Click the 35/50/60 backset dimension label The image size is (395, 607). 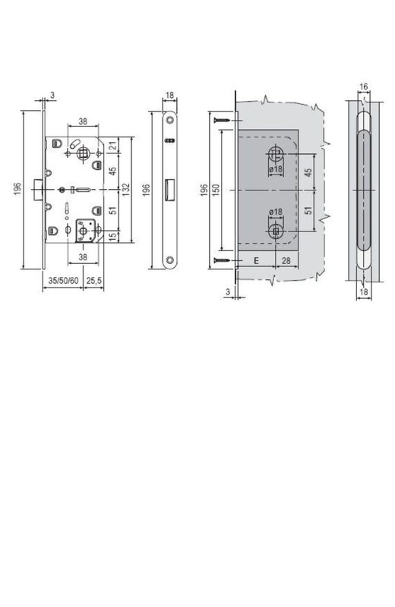click(x=63, y=281)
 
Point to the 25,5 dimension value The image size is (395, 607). click(x=93, y=281)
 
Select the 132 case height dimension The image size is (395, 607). click(x=126, y=189)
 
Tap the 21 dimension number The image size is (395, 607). click(x=112, y=146)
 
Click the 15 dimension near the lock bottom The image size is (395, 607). click(x=112, y=237)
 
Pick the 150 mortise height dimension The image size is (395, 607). click(x=216, y=190)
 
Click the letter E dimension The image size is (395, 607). click(x=256, y=260)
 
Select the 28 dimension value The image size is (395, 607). click(x=286, y=260)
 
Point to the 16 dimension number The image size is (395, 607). click(x=363, y=86)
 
